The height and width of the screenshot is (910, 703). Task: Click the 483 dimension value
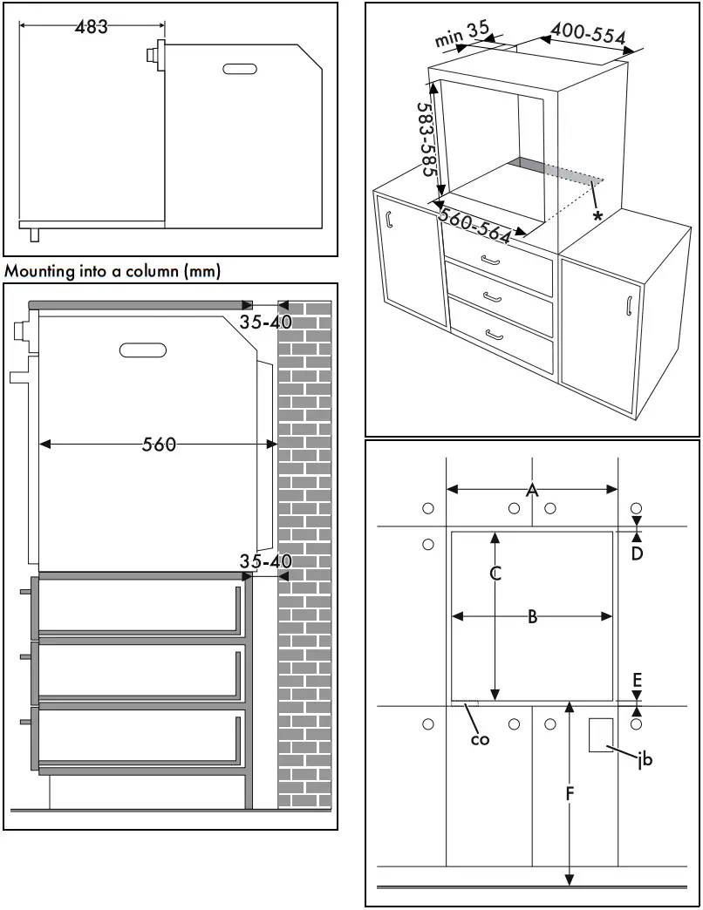click(x=91, y=26)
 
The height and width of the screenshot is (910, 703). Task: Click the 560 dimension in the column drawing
click(x=160, y=445)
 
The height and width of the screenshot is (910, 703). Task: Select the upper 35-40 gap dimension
click(x=266, y=322)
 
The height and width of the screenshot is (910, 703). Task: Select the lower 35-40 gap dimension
click(x=265, y=562)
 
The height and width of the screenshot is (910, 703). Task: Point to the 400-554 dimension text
click(x=589, y=35)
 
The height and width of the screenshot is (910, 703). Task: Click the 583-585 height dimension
click(x=427, y=140)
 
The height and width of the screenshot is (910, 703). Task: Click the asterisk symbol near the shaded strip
click(x=597, y=215)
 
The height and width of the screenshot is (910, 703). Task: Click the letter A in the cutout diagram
click(x=532, y=491)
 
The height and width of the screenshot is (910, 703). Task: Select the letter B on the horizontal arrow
click(x=532, y=616)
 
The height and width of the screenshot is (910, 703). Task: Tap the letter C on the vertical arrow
click(x=495, y=574)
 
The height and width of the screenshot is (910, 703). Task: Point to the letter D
click(x=638, y=553)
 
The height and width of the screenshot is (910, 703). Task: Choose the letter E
click(x=638, y=679)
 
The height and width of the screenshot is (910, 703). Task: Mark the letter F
click(x=570, y=793)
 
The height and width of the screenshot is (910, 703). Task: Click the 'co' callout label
click(x=480, y=739)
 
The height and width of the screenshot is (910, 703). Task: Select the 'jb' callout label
click(x=645, y=760)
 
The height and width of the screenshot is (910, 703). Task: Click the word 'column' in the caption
click(x=151, y=271)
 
